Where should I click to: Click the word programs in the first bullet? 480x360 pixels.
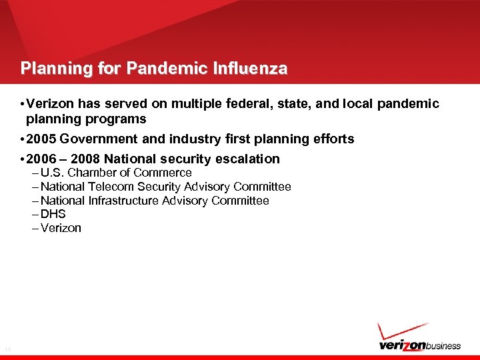(x=118, y=119)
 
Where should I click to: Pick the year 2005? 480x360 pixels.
(x=41, y=139)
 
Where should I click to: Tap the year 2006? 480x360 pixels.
(x=41, y=159)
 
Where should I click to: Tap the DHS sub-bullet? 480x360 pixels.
(x=53, y=214)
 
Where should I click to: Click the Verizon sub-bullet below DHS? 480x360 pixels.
(x=61, y=228)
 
